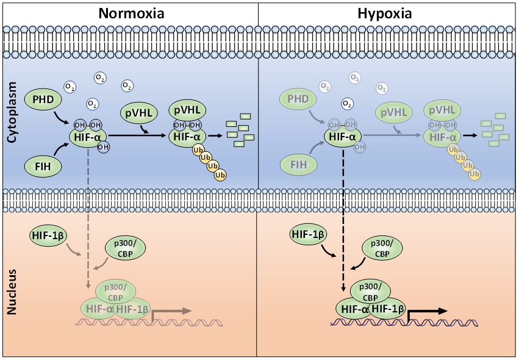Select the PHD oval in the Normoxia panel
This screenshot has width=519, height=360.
[44, 98]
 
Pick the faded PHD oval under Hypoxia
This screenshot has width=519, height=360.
[299, 98]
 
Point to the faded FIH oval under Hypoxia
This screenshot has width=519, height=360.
[299, 164]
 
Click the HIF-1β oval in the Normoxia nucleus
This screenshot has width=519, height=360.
[49, 235]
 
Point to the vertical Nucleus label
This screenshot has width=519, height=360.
[12, 295]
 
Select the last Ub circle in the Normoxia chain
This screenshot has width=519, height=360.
[220, 175]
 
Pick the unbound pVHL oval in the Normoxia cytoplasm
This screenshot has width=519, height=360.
[138, 113]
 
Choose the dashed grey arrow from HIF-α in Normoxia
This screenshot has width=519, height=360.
[88, 220]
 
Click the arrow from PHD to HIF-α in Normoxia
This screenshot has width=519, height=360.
[63, 117]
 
